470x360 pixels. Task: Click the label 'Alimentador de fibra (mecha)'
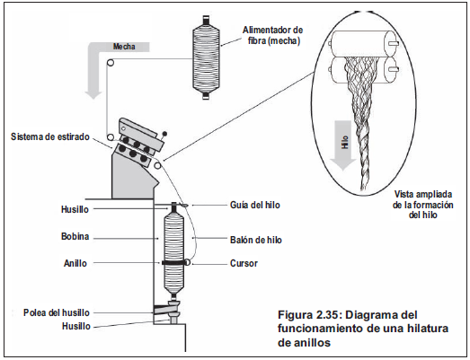click(x=272, y=35)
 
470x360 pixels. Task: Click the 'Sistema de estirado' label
click(x=50, y=136)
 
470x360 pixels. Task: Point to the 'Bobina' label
click(x=75, y=236)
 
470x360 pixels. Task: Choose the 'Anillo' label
click(x=75, y=263)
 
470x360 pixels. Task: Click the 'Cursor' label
click(x=244, y=263)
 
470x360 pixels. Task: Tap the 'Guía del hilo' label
click(x=255, y=205)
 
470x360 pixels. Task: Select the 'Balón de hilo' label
click(x=256, y=240)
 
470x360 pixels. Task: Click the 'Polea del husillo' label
click(x=57, y=312)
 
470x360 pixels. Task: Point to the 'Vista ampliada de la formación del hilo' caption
click(x=423, y=205)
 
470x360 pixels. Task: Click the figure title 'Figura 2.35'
click(x=310, y=315)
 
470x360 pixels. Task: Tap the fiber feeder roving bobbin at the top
click(x=206, y=57)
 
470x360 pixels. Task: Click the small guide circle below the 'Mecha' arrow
click(x=111, y=63)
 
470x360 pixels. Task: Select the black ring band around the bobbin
click(x=174, y=262)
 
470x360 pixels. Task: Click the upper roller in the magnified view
click(x=364, y=44)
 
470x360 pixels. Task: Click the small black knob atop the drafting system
click(x=164, y=134)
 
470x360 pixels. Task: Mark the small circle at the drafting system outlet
click(x=157, y=165)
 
